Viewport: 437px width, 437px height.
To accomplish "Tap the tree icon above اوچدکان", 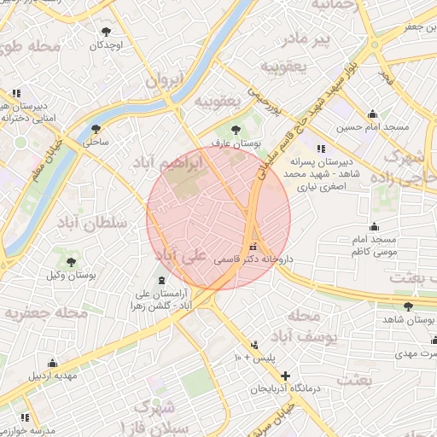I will click(106, 31).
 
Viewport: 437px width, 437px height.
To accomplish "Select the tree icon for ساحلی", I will click(95, 129).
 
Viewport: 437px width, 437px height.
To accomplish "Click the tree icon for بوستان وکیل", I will click(72, 262).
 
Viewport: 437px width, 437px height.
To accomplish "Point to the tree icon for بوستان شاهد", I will click(409, 305).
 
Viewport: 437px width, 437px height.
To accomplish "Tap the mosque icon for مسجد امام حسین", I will click(372, 114).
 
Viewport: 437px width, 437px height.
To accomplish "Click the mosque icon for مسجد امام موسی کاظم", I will click(374, 226).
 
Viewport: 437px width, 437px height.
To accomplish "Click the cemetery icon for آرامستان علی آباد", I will click(161, 281).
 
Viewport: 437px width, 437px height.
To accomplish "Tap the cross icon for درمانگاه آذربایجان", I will click(285, 376).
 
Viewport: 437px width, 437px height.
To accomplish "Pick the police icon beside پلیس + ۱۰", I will click(254, 346).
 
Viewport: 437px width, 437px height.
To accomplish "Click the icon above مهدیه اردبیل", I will click(53, 362).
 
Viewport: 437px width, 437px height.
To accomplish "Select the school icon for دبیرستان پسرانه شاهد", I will click(321, 149).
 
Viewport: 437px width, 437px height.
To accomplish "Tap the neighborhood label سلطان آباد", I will click(94, 223).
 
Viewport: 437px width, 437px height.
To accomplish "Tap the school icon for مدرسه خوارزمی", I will click(25, 417).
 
